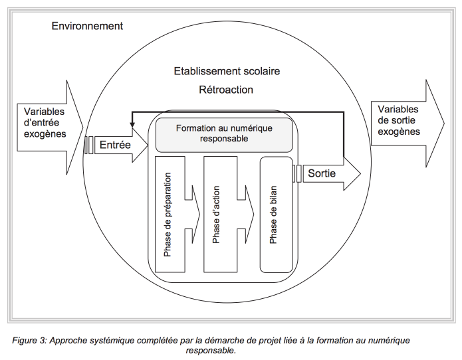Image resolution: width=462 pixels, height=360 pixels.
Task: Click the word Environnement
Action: click(87, 26)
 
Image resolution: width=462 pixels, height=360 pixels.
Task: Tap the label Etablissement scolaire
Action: click(227, 71)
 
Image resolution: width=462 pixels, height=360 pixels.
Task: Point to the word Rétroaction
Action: click(226, 90)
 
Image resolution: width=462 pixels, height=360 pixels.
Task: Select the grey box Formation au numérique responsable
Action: click(224, 135)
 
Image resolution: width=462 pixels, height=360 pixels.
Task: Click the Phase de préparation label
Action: click(168, 215)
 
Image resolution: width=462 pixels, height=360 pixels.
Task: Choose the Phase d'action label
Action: click(216, 215)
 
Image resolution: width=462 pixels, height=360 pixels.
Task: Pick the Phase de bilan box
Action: click(276, 215)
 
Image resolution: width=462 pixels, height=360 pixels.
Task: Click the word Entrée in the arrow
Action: click(115, 145)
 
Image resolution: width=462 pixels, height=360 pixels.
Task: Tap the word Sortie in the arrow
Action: click(322, 173)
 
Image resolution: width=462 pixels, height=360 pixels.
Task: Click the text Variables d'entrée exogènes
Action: click(45, 123)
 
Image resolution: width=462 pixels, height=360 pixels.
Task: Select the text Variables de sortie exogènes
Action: click(399, 120)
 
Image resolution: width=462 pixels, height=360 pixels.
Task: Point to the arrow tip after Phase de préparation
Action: click(200, 215)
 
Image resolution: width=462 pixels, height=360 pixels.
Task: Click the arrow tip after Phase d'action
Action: click(254, 215)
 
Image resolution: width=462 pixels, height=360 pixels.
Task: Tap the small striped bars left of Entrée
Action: click(89, 145)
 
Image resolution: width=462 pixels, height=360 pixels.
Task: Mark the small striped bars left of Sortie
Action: click(297, 173)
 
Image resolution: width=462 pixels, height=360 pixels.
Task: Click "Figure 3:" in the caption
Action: click(29, 341)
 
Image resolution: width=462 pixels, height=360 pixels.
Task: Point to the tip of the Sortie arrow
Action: click(360, 173)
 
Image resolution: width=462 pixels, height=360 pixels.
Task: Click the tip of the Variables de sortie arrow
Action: click(444, 124)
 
